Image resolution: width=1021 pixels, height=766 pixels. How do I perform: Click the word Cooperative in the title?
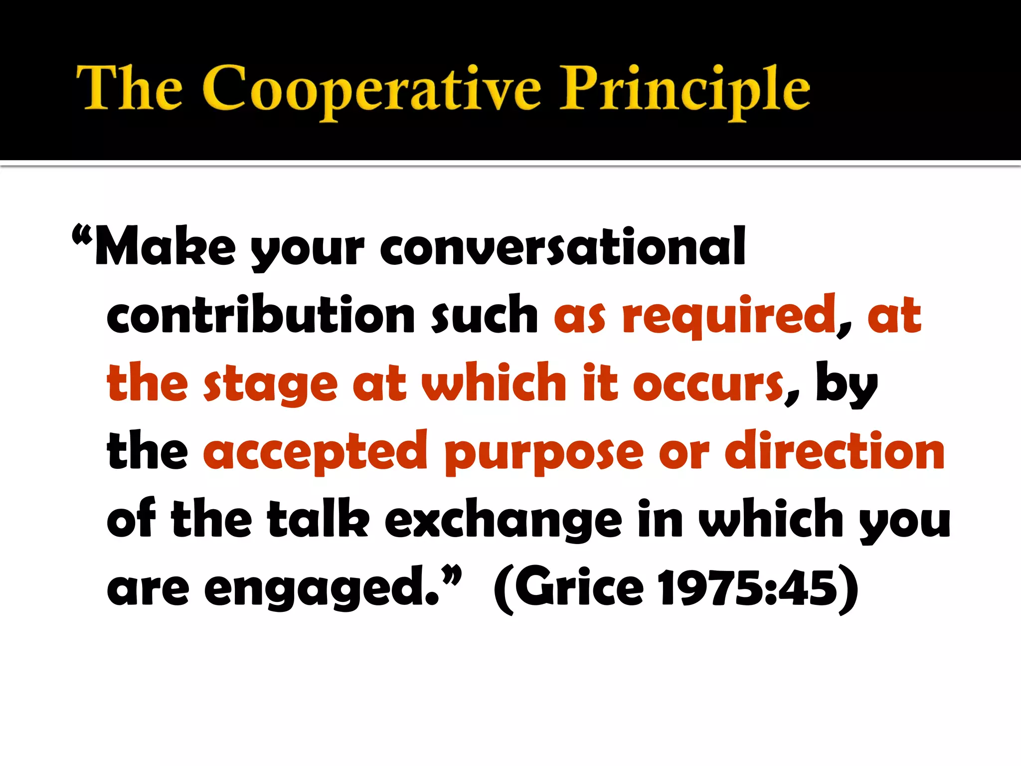pyautogui.click(x=371, y=90)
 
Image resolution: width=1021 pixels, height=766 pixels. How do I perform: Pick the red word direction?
pyautogui.click(x=835, y=451)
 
